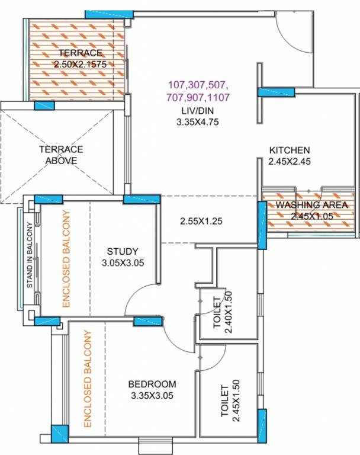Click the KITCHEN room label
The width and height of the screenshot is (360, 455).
[x=290, y=150]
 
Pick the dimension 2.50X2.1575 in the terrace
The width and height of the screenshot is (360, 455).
[x=80, y=64]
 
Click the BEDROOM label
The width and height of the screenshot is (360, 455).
[x=152, y=384]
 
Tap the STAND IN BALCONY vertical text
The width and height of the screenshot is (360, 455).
[x=30, y=255]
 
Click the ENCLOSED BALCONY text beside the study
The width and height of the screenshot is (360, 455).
[x=66, y=258]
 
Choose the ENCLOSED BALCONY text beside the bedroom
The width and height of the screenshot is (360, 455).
[x=87, y=379]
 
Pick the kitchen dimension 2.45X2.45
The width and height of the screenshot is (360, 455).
[x=290, y=161]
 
